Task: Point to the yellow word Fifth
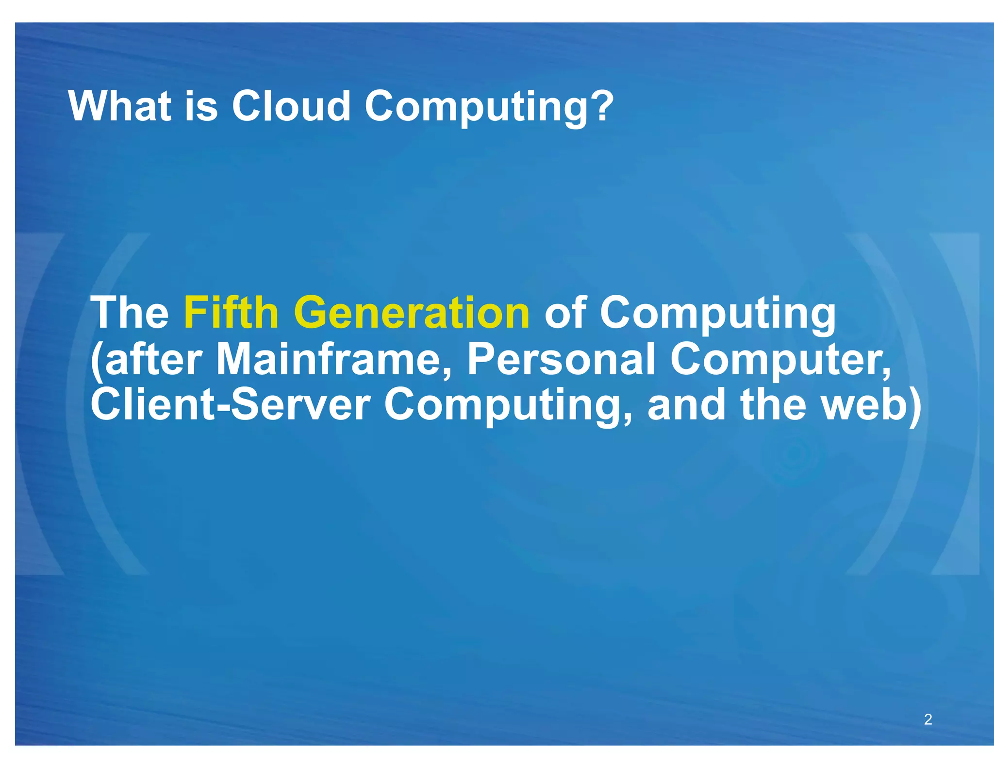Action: pos(231,313)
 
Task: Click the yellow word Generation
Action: pos(412,313)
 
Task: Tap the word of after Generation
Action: pos(565,313)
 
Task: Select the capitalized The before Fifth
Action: pos(130,313)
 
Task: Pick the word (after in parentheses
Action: pos(146,360)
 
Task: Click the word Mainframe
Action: pos(334,360)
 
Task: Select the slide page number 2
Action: pos(928,719)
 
